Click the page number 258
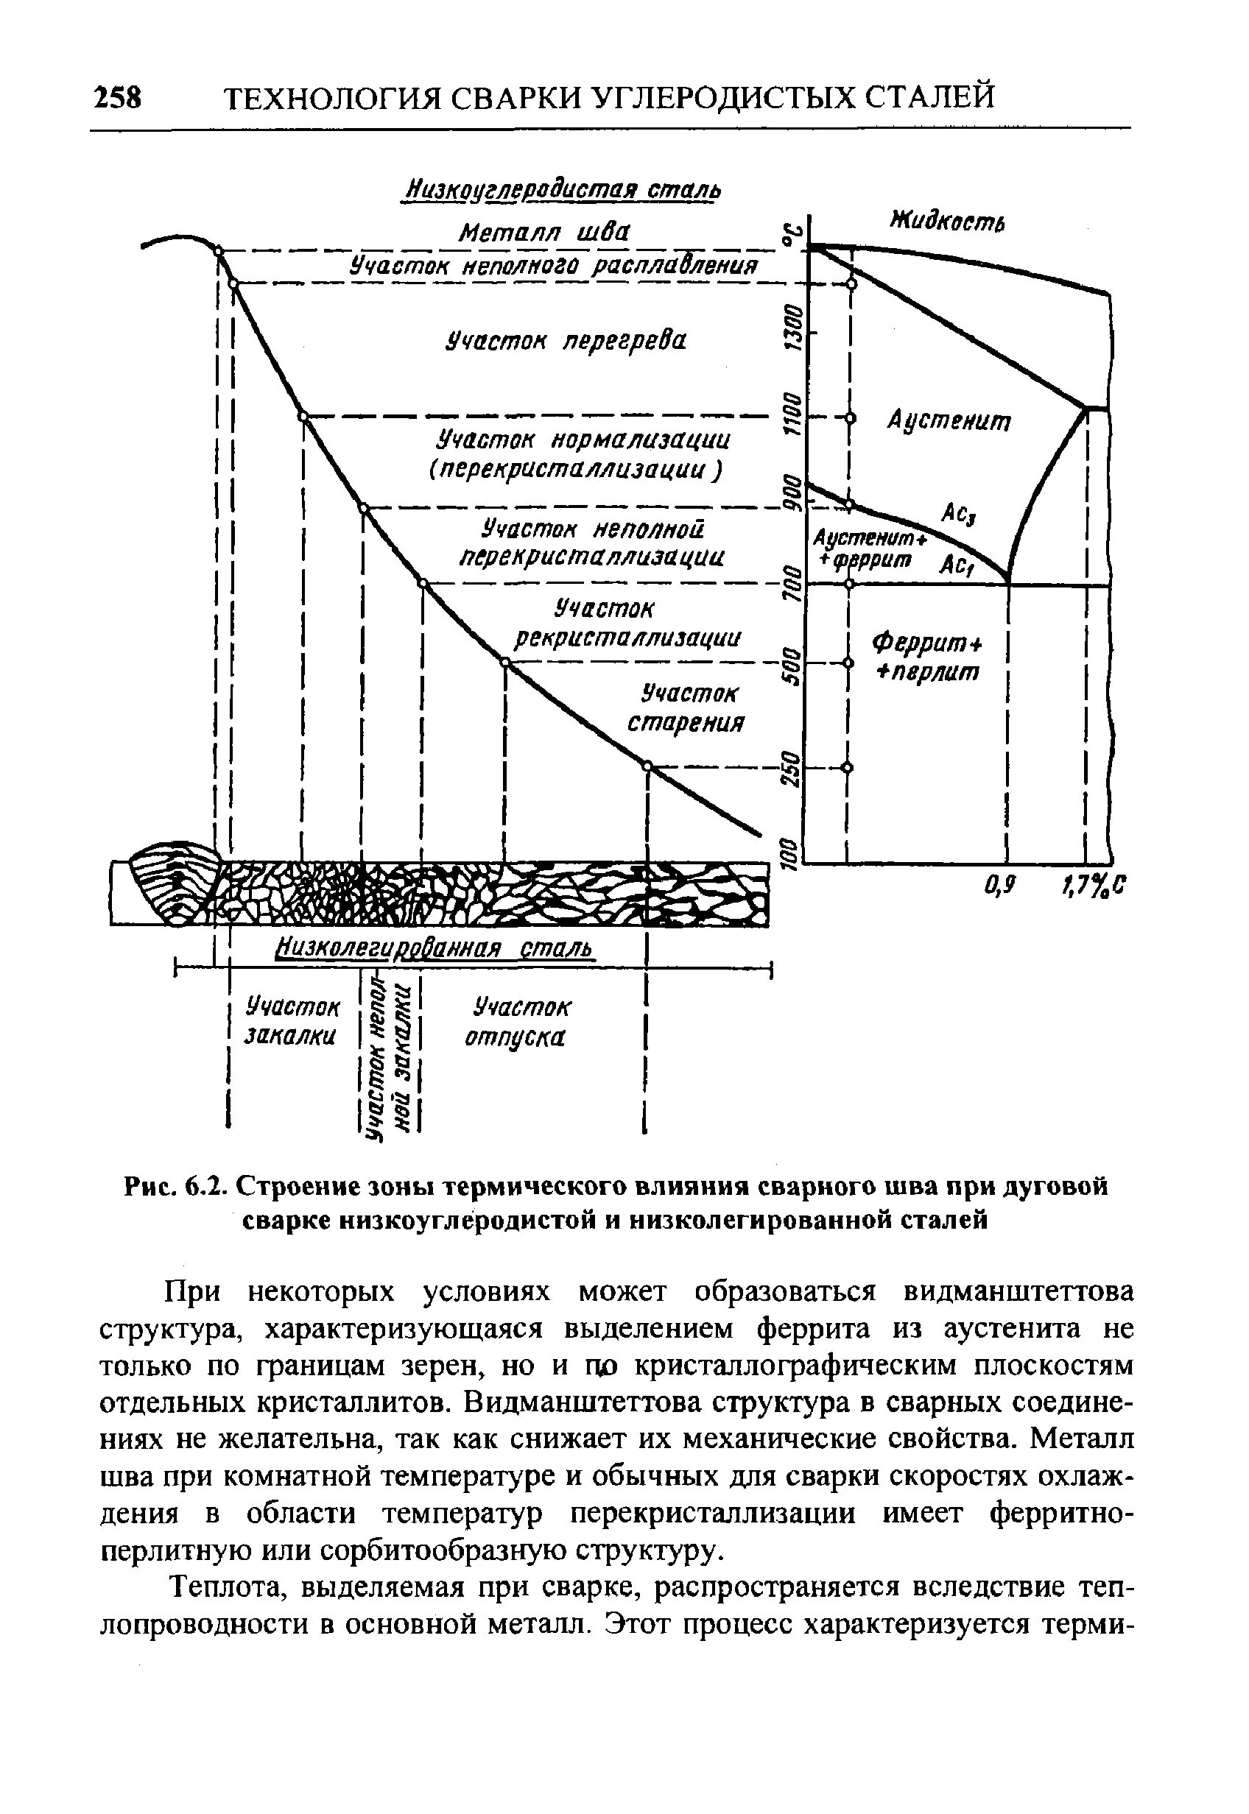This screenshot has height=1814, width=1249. pyautogui.click(x=117, y=99)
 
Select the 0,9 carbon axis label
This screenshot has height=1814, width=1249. pyautogui.click(x=999, y=886)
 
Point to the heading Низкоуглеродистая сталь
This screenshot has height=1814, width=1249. pyautogui.click(x=561, y=190)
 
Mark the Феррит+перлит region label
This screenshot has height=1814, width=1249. pyautogui.click(x=926, y=658)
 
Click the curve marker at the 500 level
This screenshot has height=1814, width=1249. pyautogui.click(x=504, y=663)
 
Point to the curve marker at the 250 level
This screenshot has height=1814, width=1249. pyautogui.click(x=647, y=766)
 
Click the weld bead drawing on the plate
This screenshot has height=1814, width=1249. pyautogui.click(x=176, y=884)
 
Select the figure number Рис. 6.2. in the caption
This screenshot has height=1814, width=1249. pyautogui.click(x=175, y=1187)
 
